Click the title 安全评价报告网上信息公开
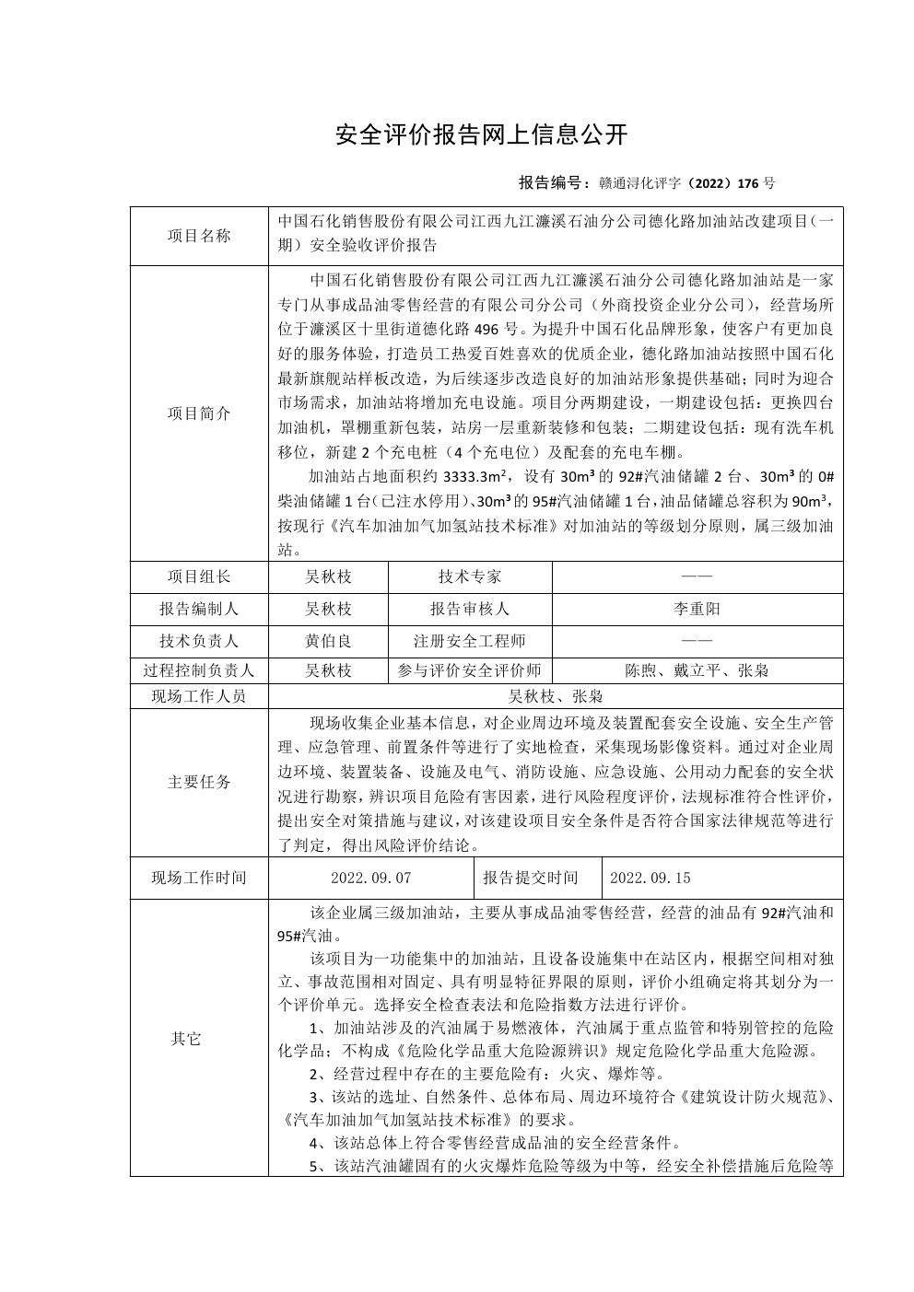(x=481, y=135)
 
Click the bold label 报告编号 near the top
(x=552, y=182)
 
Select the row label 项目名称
(x=199, y=236)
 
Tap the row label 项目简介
(x=199, y=413)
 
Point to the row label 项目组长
(x=199, y=577)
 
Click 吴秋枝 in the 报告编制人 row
(x=329, y=610)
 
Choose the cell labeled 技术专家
(x=470, y=577)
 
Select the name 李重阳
(x=697, y=610)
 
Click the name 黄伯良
(x=329, y=641)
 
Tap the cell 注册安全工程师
(x=470, y=641)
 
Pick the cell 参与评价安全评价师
(x=470, y=671)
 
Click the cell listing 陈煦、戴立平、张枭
(x=697, y=671)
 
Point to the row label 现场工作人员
(x=199, y=696)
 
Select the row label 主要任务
(x=199, y=782)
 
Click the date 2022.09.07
(x=371, y=879)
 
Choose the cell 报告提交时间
(x=531, y=879)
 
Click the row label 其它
(x=185, y=1039)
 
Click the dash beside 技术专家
(x=697, y=577)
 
